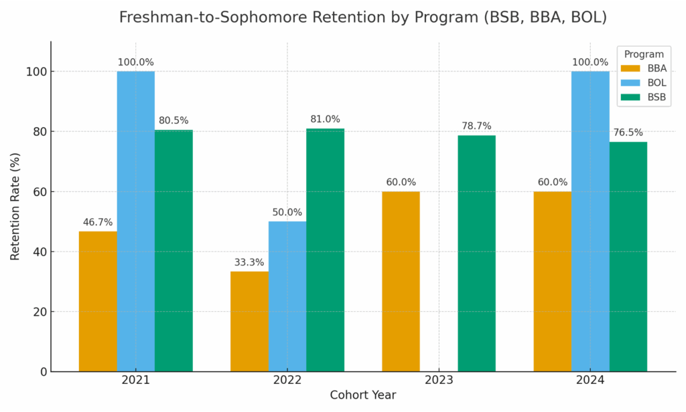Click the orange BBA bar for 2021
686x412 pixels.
pyautogui.click(x=98, y=301)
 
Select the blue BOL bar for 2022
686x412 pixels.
pyautogui.click(x=287, y=296)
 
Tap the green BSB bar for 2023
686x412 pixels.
pyautogui.click(x=476, y=253)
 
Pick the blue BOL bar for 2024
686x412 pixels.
pyautogui.click(x=590, y=221)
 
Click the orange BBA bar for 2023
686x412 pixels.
pyautogui.click(x=401, y=281)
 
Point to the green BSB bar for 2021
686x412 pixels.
pyautogui.click(x=174, y=251)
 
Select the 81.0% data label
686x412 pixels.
pyautogui.click(x=325, y=119)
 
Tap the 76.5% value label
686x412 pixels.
pyautogui.click(x=628, y=132)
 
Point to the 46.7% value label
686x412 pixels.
pyautogui.click(x=98, y=222)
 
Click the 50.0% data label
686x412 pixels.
pyautogui.click(x=287, y=212)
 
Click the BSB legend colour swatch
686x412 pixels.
pyautogui.click(x=630, y=97)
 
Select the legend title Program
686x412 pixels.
pyautogui.click(x=643, y=54)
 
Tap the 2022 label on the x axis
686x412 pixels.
pyautogui.click(x=287, y=380)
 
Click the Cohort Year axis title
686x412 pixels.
pyautogui.click(x=362, y=395)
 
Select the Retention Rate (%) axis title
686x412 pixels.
pyautogui.click(x=15, y=207)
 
